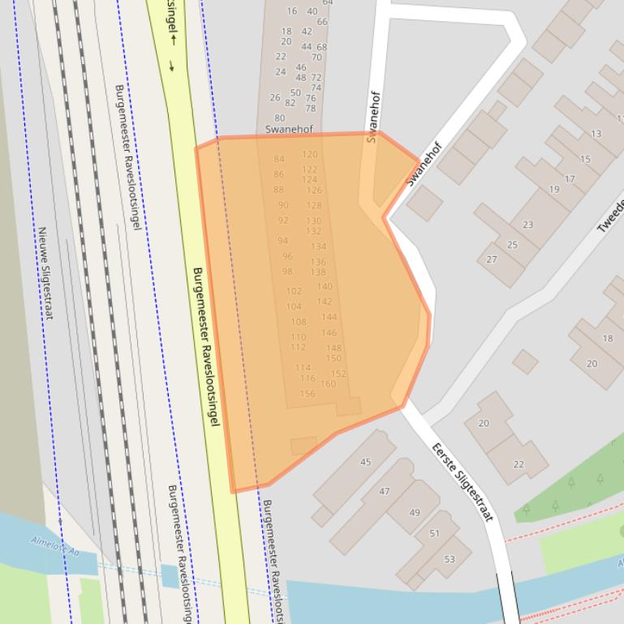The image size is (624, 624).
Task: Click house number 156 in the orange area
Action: click(x=307, y=394)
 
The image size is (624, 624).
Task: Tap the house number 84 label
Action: click(x=279, y=160)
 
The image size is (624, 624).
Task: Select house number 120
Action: click(x=310, y=154)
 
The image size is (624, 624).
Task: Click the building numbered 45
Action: click(x=365, y=462)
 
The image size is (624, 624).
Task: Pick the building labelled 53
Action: click(x=449, y=559)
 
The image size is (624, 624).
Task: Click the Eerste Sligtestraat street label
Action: click(x=462, y=481)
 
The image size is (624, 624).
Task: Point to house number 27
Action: click(x=492, y=259)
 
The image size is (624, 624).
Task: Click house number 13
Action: click(x=596, y=134)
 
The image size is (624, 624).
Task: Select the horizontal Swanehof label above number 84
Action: click(x=289, y=129)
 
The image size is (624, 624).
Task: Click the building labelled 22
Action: click(x=519, y=464)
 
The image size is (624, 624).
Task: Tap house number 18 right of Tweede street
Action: click(x=607, y=338)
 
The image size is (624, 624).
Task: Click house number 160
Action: click(x=328, y=384)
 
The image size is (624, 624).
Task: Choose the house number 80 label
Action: click(x=279, y=118)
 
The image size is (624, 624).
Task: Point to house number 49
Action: click(x=415, y=512)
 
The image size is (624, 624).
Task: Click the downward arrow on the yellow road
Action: click(x=172, y=66)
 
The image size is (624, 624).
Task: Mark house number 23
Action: click(x=528, y=224)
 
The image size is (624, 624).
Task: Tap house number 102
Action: click(x=294, y=291)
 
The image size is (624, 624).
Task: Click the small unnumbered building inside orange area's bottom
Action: click(x=303, y=446)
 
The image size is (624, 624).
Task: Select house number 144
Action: click(x=329, y=317)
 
